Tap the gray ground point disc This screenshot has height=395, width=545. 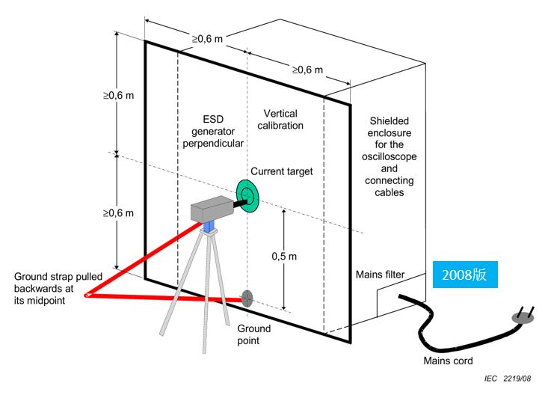[246, 298]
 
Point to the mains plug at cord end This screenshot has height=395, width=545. [524, 316]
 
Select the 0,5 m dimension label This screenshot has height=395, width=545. [283, 256]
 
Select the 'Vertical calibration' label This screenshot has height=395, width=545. [280, 119]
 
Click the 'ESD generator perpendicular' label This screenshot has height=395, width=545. [213, 131]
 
